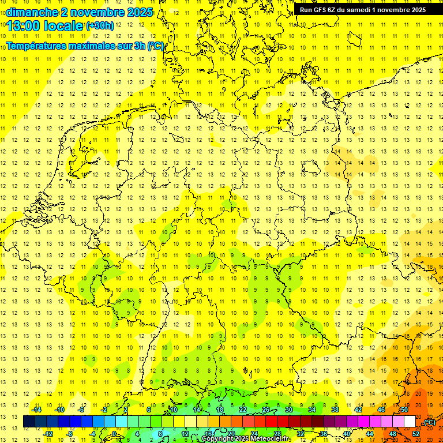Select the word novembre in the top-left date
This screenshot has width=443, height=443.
pos(92,12)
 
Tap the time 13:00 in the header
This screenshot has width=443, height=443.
pos(25,26)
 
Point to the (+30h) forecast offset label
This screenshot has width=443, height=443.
pos(100,26)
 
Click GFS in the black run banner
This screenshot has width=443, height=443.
pos(321,9)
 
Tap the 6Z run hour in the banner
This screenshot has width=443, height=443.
pos(334,9)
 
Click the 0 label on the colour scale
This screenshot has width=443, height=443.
pos(114,434)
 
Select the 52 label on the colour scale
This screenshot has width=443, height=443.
pos(415,434)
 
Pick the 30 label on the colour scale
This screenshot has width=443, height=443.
pos(288,410)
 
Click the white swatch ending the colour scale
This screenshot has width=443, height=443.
pos(410,422)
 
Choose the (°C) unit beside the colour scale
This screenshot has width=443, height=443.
pos(429,422)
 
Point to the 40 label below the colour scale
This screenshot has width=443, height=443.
pos(346,434)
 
